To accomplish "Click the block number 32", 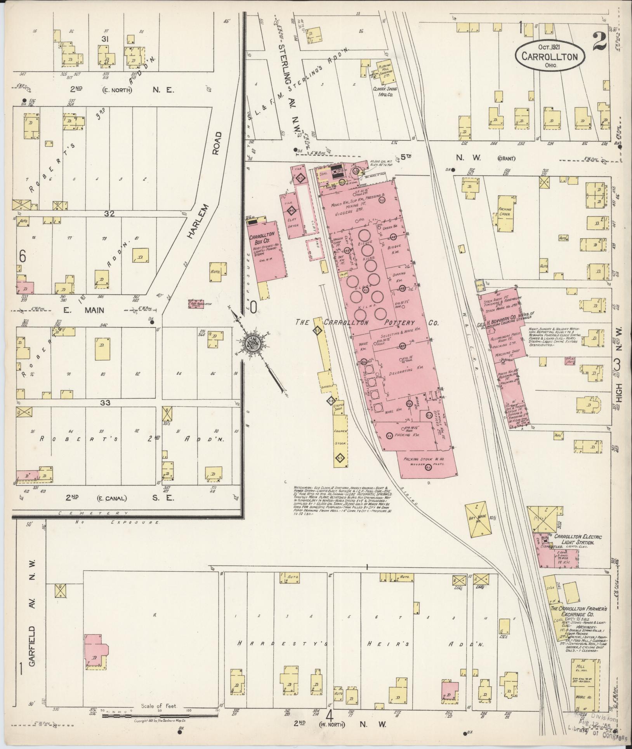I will tap(109, 213).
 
